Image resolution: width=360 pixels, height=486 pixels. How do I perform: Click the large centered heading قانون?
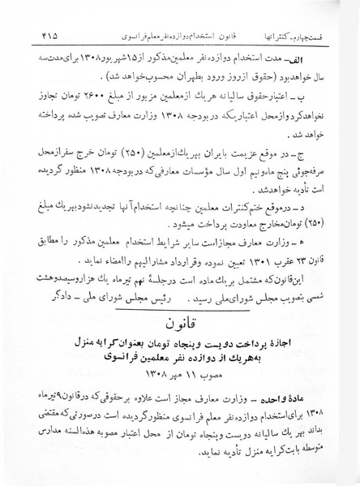(179, 321)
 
